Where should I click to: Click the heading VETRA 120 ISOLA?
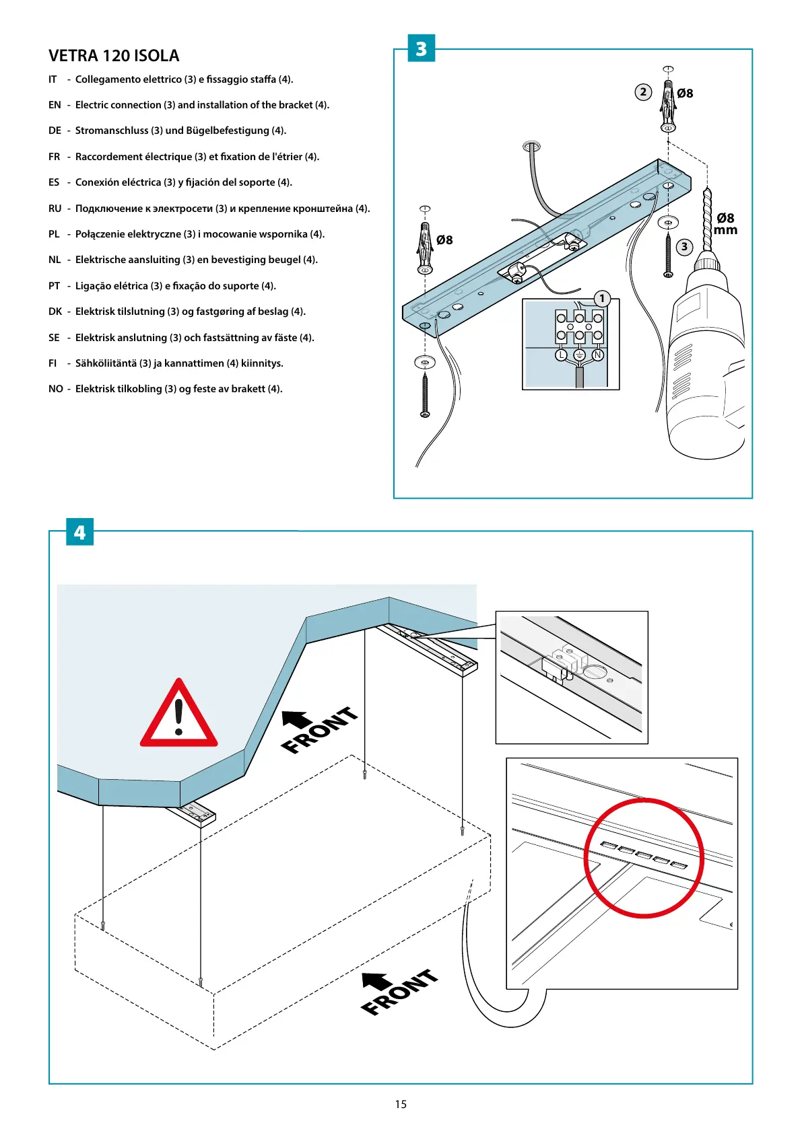point(114,56)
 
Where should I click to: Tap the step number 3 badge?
point(422,48)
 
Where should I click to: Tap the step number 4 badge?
point(79,532)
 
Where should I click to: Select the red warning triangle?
point(178,715)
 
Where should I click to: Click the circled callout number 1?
point(602,298)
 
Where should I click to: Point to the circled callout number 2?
point(643,92)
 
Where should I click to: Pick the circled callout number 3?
point(684,247)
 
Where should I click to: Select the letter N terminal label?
point(597,355)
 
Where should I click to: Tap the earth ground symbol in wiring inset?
point(579,355)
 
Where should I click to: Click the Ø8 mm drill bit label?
point(725,223)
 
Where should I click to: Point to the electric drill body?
point(704,363)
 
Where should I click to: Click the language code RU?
point(55,209)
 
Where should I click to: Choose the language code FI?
point(53,363)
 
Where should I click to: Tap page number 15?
point(401,1104)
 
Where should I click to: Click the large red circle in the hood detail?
point(643,858)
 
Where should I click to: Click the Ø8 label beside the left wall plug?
point(444,240)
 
